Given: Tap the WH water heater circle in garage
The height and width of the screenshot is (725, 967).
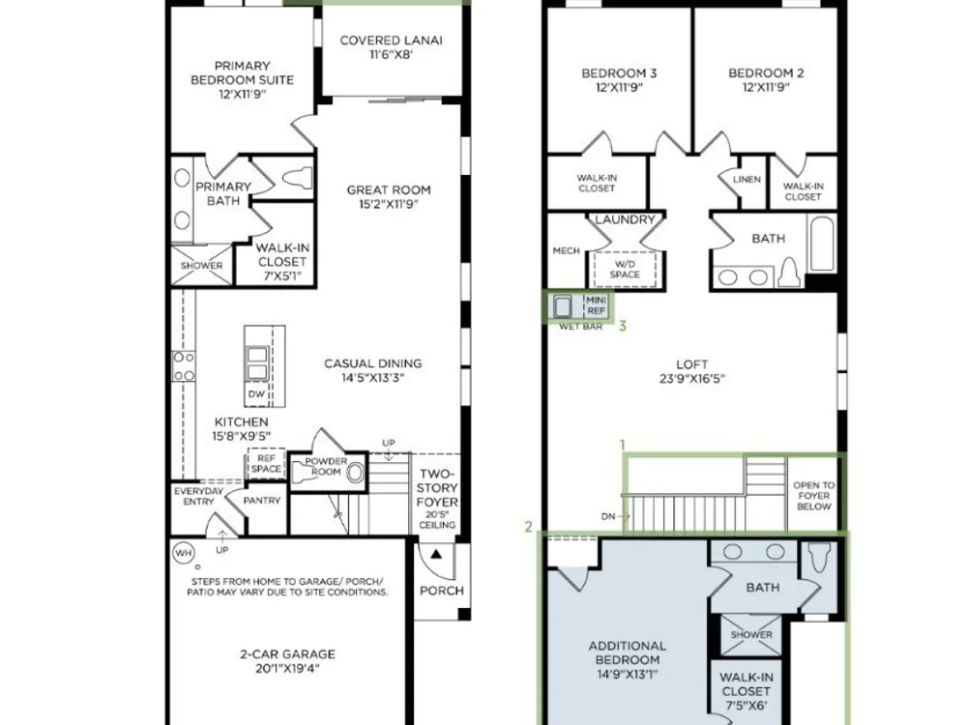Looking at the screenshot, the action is (x=183, y=552).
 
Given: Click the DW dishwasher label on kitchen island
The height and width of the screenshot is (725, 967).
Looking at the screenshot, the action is (x=256, y=393).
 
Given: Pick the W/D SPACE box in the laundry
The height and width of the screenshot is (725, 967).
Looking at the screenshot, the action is (x=624, y=269).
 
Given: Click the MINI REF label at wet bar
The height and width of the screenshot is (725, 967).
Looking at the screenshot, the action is (x=596, y=305).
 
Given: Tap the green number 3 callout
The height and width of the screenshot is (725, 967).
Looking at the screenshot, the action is (x=622, y=326).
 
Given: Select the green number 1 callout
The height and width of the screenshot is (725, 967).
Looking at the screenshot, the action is (x=623, y=445).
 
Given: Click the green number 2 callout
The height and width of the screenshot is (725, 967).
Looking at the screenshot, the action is (x=529, y=527).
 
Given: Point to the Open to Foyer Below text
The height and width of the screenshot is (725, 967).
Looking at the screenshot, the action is (x=813, y=496).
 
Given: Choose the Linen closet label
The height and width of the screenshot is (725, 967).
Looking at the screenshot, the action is (x=747, y=180).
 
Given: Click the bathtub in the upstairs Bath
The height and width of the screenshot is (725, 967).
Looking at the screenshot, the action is (x=821, y=243).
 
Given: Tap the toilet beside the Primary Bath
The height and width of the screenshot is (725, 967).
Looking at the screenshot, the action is (x=298, y=178).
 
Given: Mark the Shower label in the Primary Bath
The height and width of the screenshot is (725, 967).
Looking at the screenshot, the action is (x=201, y=266).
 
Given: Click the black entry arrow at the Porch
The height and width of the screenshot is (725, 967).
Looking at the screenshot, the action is (x=436, y=554).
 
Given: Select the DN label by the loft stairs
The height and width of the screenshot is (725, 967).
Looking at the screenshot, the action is (x=608, y=516).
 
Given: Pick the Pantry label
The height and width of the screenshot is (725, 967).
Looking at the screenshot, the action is (x=261, y=501).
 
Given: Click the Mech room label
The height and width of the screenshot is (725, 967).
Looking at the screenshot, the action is (x=566, y=251).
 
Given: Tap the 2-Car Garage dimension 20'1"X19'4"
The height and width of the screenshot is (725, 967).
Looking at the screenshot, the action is (x=287, y=668).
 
